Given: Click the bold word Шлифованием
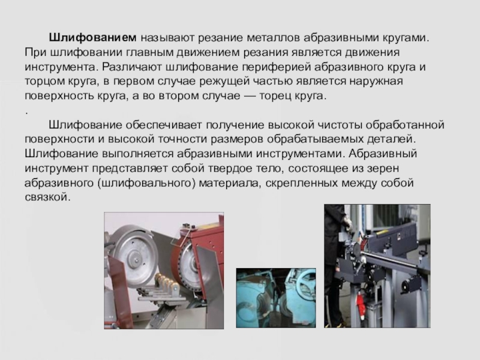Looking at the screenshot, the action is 92,38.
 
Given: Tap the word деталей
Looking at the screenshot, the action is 392,139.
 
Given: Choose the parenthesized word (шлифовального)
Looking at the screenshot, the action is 146,183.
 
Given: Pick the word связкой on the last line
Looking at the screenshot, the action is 47,197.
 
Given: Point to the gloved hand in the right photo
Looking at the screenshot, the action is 348,223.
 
